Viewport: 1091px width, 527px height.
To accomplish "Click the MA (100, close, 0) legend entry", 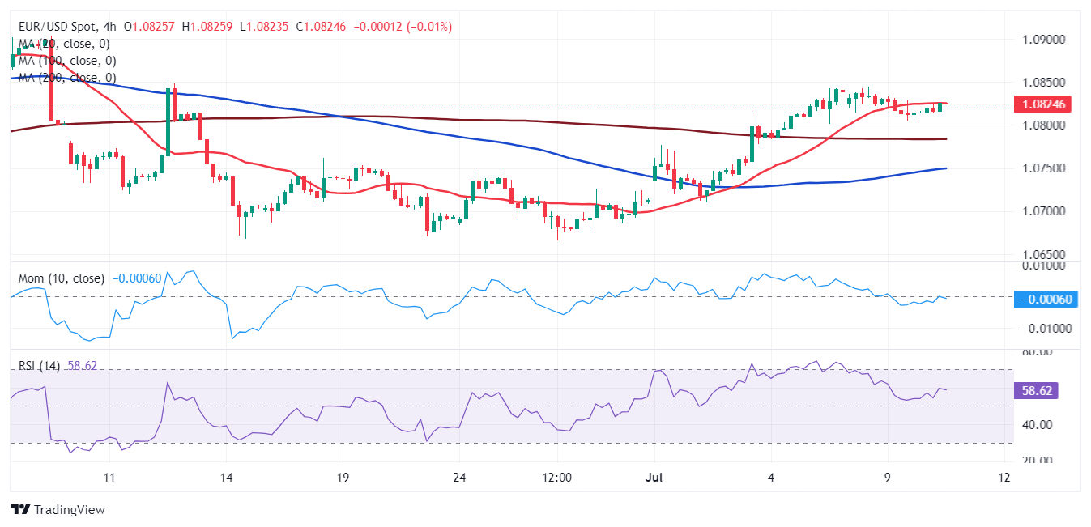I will (67, 61).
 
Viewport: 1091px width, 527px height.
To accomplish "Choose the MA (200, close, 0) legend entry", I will (67, 78).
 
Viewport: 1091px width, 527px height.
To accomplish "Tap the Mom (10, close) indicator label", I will (62, 278).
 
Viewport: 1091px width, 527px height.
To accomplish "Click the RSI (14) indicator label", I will (40, 366).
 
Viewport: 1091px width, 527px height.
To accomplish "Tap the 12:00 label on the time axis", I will (558, 477).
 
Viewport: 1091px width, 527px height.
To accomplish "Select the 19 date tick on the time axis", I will (343, 477).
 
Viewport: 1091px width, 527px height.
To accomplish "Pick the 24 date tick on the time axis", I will (458, 477).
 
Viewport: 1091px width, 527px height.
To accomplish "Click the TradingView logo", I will (58, 510).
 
